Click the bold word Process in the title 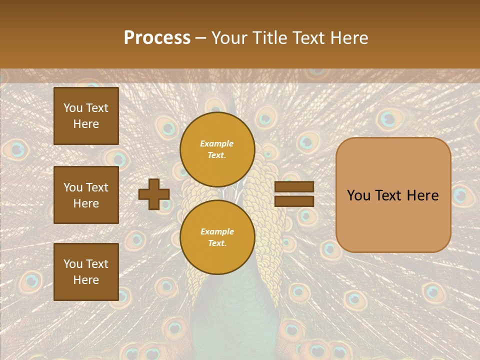pyautogui.click(x=157, y=38)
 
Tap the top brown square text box pyautogui.click(x=86, y=116)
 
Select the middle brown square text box pyautogui.click(x=86, y=195)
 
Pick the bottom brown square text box pyautogui.click(x=86, y=271)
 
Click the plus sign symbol pyautogui.click(x=154, y=194)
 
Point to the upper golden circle pyautogui.click(x=217, y=149)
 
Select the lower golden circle pyautogui.click(x=217, y=237)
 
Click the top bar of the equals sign pyautogui.click(x=294, y=187)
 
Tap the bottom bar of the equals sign pyautogui.click(x=294, y=201)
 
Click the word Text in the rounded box pyautogui.click(x=393, y=195)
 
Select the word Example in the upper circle pyautogui.click(x=217, y=143)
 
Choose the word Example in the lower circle pyautogui.click(x=217, y=231)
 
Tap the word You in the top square pyautogui.click(x=72, y=108)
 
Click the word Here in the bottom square pyautogui.click(x=86, y=280)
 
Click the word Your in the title pyautogui.click(x=228, y=38)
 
